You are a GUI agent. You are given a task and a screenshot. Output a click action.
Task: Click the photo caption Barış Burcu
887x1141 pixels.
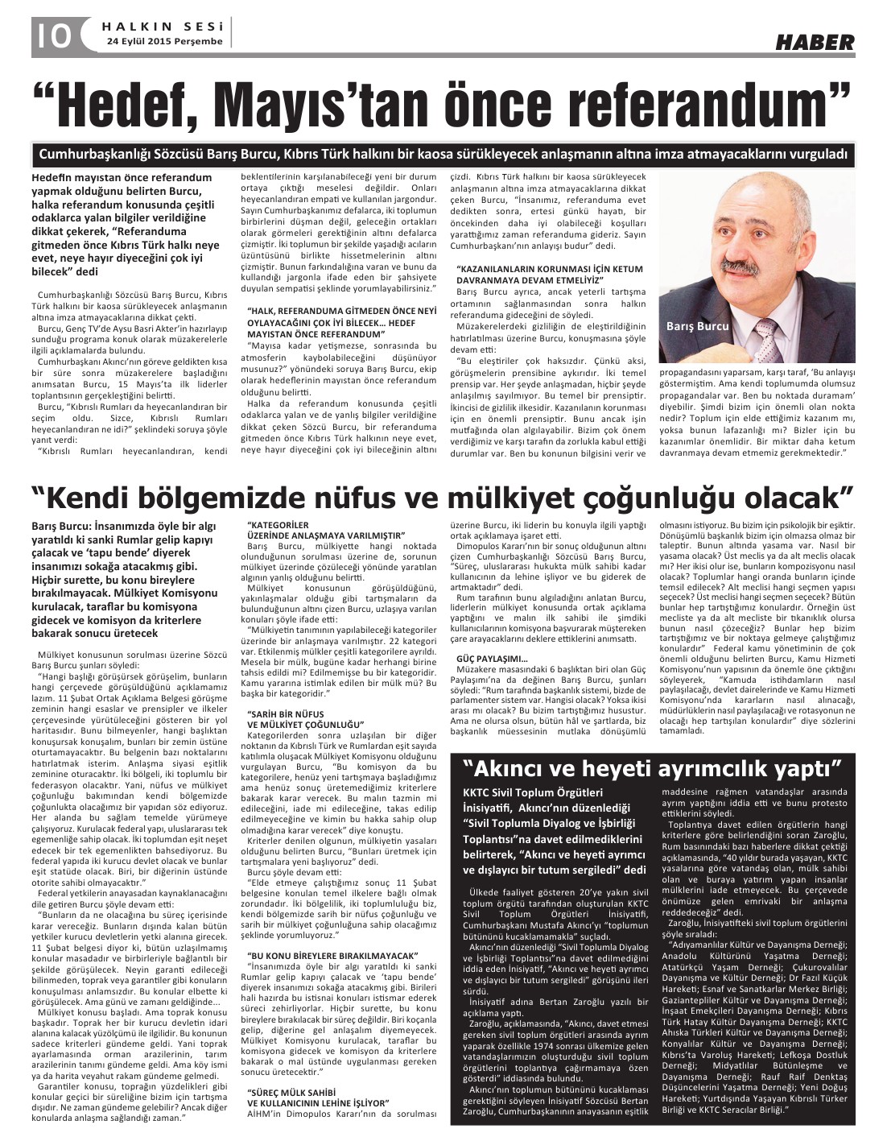pyautogui.click(x=697, y=326)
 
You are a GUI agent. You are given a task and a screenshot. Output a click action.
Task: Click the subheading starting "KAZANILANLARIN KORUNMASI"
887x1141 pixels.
pyautogui.click(x=550, y=268)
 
